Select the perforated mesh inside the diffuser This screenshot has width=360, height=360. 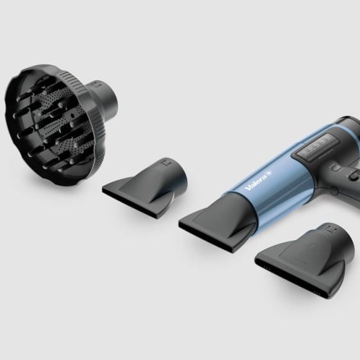(x=62, y=122)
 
